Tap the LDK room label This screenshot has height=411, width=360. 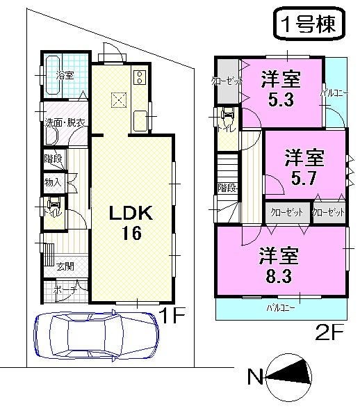[129, 211]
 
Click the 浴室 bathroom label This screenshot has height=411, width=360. [65, 75]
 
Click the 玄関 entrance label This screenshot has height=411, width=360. [65, 266]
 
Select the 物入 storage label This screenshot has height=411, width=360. [53, 183]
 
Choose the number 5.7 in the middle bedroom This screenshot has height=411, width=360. [304, 177]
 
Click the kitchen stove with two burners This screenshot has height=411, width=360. [139, 76]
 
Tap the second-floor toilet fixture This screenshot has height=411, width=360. [227, 118]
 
